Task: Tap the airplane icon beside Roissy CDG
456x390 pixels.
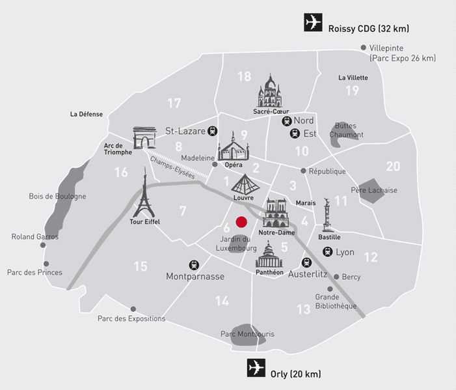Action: point(314,23)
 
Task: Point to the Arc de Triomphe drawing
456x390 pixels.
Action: point(144,139)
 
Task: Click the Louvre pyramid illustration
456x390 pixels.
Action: point(243,182)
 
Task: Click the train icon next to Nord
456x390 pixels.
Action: point(286,121)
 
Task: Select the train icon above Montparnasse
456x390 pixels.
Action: point(193,265)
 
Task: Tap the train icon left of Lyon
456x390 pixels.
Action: point(327,251)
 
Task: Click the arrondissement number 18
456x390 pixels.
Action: point(244,77)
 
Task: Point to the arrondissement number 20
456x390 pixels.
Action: point(393,167)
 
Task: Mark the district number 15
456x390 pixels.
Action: point(141,266)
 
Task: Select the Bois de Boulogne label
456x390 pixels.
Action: point(57,196)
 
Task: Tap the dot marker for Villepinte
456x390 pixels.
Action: point(363,48)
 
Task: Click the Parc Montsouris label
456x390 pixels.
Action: point(247,334)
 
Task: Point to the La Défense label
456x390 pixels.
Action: point(87,114)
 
